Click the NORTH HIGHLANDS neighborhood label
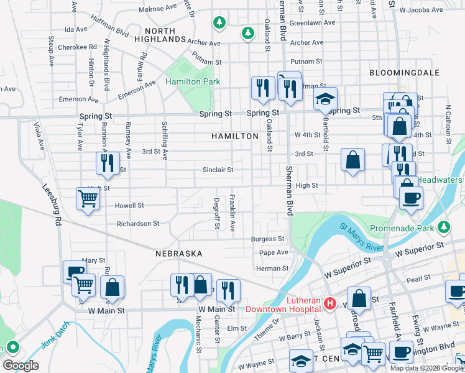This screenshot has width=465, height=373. coord(165,34)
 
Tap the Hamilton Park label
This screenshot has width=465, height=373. coord(193,81)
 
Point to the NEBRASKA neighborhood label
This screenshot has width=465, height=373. coord(179,254)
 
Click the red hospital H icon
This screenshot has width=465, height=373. coord(330,303)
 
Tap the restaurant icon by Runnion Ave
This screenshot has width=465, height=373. coord(108,163)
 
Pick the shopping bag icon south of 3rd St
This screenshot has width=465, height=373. coord(352,160)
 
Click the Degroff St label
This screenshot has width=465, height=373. coord(216,213)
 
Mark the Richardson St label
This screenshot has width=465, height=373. coord(138,223)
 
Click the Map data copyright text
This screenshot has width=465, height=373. coord(426,367)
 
